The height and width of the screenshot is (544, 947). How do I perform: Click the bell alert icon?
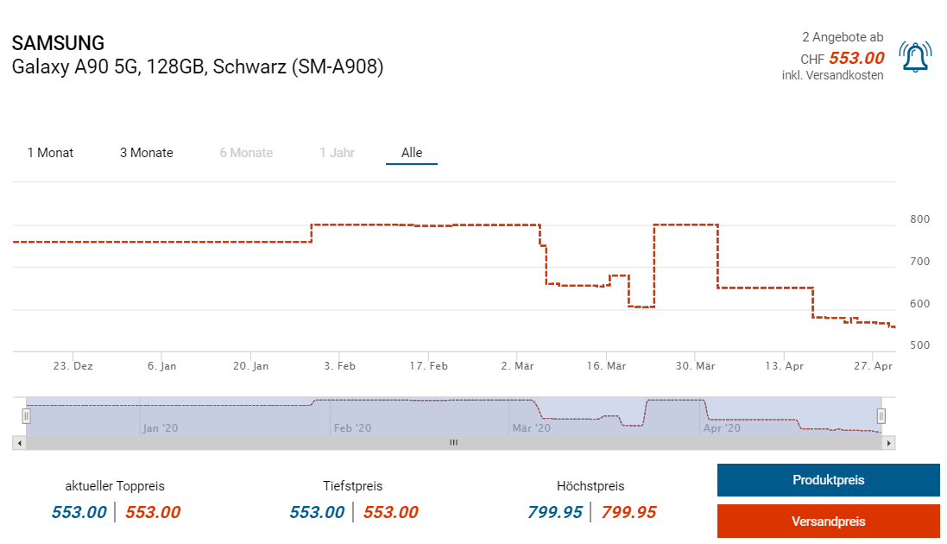point(913,57)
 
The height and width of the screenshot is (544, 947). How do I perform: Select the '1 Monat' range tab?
point(50,153)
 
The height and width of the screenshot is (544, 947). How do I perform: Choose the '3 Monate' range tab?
point(146,153)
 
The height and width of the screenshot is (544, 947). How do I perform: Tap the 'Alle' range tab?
point(412,153)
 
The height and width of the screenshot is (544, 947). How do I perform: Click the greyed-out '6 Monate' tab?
point(246,153)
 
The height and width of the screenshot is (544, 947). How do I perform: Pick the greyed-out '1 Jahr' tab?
point(337,153)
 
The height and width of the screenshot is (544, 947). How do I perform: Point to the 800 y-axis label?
point(919,219)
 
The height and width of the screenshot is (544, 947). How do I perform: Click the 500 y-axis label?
point(919,345)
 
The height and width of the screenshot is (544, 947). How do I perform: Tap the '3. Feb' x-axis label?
point(339,366)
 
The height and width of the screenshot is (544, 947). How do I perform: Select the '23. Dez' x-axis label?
point(73,366)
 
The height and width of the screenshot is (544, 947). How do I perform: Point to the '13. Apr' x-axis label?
point(784,366)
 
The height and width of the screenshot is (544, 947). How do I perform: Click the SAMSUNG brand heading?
point(58,43)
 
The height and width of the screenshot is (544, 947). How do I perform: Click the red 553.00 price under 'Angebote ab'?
point(856,58)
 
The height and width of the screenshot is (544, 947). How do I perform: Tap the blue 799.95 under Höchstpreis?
point(555,512)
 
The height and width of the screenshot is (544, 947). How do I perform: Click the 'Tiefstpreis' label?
point(352,486)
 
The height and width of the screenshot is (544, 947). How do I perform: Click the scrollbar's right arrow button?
point(888,443)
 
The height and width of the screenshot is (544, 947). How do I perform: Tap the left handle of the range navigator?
point(26,416)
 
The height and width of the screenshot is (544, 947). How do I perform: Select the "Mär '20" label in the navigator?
point(532,427)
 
